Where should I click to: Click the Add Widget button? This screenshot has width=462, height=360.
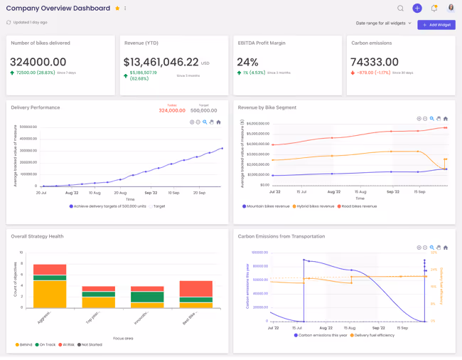tap(436, 25)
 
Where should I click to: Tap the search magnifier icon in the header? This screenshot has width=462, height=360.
tap(400, 9)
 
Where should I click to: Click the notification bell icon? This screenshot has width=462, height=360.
tap(434, 9)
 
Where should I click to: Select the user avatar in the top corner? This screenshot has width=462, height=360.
tap(451, 9)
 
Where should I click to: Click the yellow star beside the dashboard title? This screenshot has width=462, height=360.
tap(117, 9)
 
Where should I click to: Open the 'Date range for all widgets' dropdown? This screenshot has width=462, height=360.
tap(384, 23)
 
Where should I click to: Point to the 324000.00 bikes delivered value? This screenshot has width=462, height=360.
tap(38, 63)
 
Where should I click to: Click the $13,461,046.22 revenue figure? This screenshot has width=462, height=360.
tap(161, 63)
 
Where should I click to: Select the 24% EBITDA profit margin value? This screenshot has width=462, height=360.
tap(248, 63)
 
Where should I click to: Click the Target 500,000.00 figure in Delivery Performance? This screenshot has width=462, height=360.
tap(203, 110)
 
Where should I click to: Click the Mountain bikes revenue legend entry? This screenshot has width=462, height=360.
tap(267, 206)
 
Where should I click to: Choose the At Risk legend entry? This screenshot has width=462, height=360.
tap(68, 344)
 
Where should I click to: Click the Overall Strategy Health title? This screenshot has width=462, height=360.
tap(37, 236)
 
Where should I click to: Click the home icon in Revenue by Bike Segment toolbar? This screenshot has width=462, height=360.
tap(446, 119)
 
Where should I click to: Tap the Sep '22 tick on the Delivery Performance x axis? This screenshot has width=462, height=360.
tap(151, 193)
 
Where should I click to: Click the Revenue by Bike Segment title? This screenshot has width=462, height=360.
tap(267, 107)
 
